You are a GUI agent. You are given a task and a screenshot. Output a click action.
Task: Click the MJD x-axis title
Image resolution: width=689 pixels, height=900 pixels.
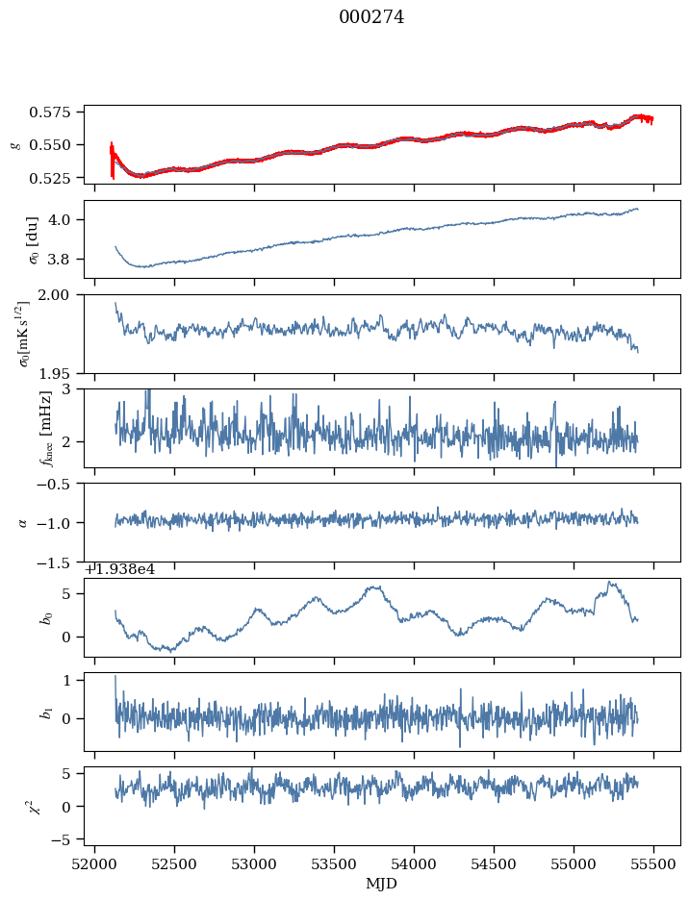click(382, 883)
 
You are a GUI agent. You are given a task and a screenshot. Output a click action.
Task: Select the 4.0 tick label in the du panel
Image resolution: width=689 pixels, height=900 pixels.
click(65, 220)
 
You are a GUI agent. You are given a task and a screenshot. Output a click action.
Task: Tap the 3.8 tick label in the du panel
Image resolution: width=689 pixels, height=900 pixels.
click(65, 260)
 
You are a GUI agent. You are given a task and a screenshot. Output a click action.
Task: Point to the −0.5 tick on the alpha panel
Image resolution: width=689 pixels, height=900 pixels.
click(59, 484)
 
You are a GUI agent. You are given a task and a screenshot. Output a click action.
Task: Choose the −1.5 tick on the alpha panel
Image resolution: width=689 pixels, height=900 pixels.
click(59, 562)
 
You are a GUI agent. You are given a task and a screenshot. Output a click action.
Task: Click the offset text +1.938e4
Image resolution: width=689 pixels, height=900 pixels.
click(120, 569)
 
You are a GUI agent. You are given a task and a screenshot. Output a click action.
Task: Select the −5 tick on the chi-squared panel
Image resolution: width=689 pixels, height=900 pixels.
click(64, 840)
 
